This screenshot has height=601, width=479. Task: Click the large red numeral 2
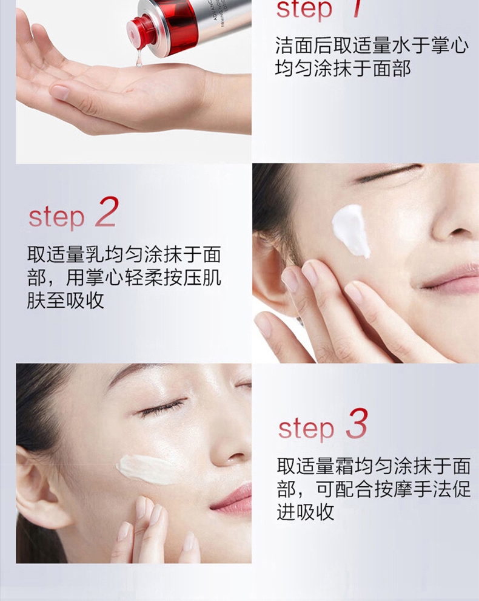coord(107,212)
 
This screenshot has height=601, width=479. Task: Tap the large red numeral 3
coord(357,424)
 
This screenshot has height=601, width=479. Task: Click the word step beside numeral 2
coord(56,218)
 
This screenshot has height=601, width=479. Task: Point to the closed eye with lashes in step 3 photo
coord(162,407)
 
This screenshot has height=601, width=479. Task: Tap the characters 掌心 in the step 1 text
coord(450,46)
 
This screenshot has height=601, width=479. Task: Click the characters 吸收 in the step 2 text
coord(85,300)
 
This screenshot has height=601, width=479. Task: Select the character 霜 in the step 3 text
coord(343,466)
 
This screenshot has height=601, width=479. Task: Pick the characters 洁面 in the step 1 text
coord(294,46)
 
